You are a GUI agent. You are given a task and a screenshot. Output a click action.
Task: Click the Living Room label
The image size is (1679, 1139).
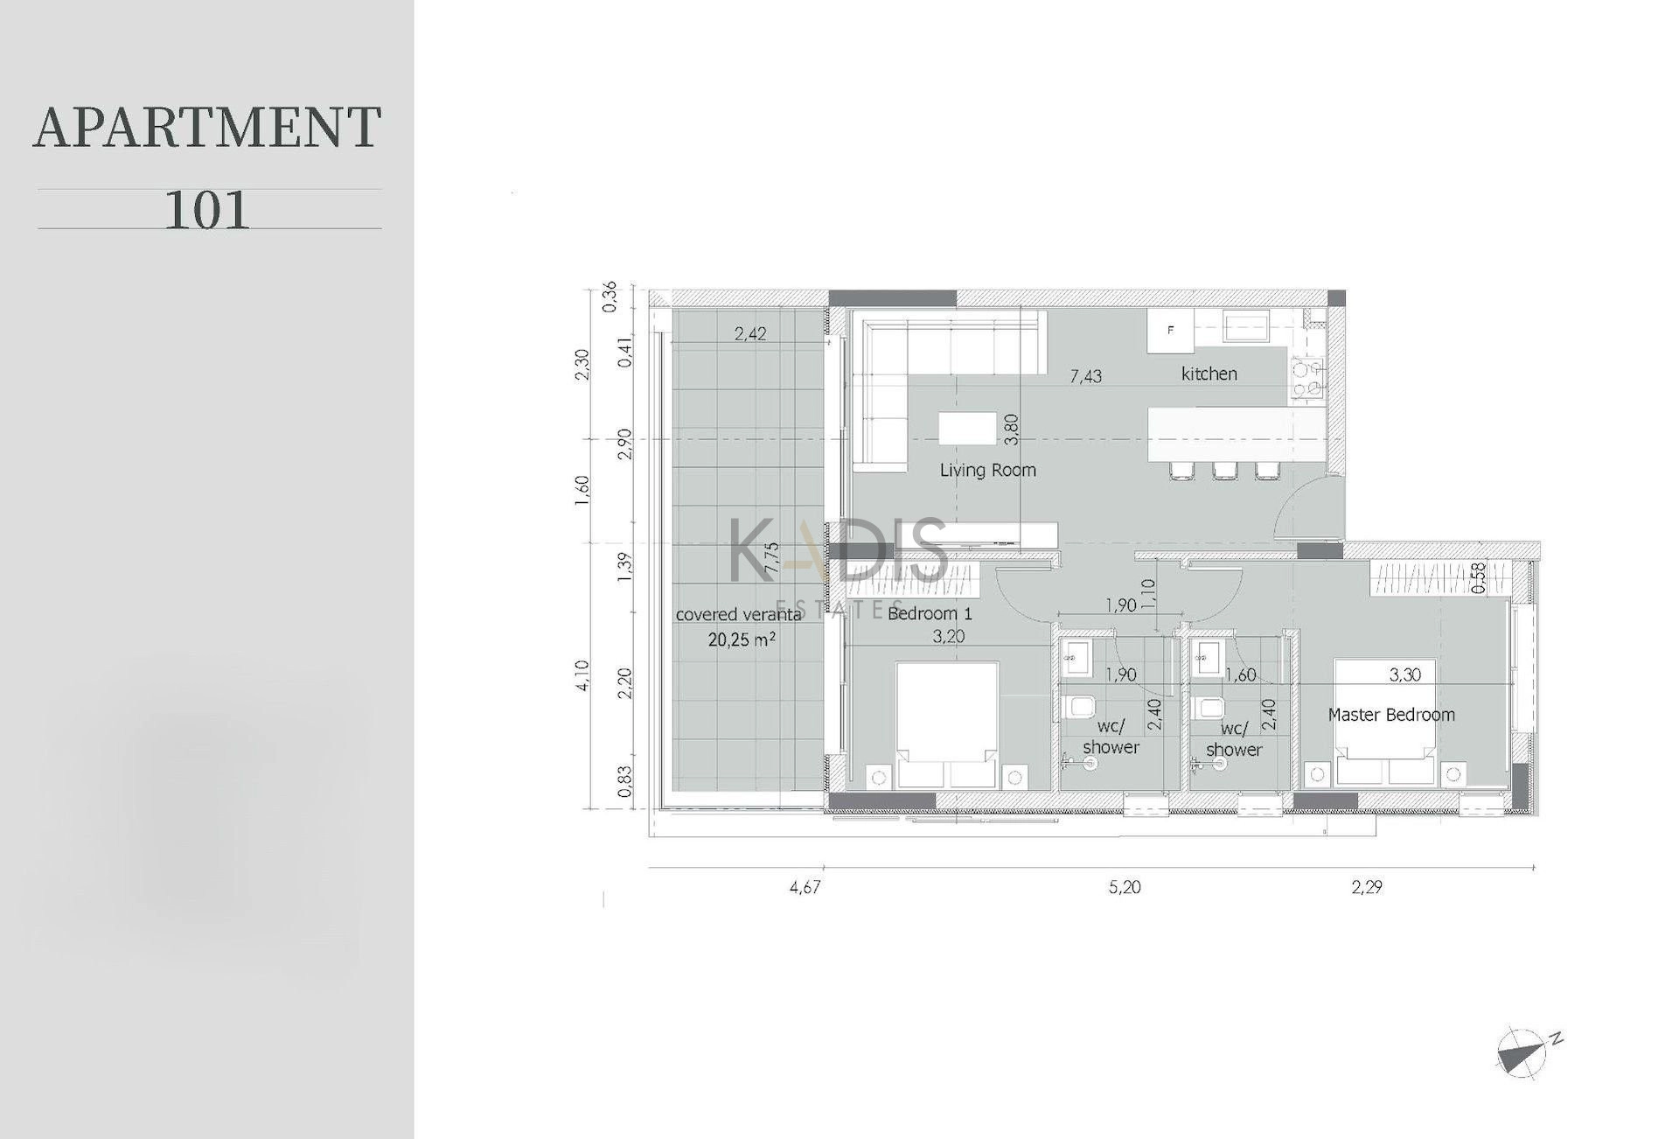987,471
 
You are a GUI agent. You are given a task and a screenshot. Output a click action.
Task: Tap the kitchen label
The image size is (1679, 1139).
1209,374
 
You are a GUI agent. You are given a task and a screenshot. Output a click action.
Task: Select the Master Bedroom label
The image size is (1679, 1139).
1391,715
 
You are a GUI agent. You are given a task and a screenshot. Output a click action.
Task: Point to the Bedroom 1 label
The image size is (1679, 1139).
930,614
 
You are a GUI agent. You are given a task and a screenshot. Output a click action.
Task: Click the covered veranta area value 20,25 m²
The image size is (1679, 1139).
742,639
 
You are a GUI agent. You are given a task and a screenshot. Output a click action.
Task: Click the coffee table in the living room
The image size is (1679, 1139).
967,429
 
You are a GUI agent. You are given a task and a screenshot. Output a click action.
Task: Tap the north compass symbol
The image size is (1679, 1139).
1529,1050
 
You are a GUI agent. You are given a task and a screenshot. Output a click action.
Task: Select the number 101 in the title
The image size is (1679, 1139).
207,210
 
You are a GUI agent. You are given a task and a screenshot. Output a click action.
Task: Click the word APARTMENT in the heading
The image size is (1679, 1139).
207,127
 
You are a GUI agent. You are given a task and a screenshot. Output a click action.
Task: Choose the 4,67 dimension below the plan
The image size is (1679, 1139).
805,887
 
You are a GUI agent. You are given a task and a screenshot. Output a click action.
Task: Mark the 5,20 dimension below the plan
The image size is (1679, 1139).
1125,887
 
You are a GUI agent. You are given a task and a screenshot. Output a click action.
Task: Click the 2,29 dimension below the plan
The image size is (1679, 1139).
1367,887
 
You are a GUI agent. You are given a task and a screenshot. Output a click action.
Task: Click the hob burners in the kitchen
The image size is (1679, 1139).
1306,381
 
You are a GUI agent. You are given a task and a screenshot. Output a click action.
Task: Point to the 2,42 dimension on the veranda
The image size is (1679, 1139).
750,333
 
